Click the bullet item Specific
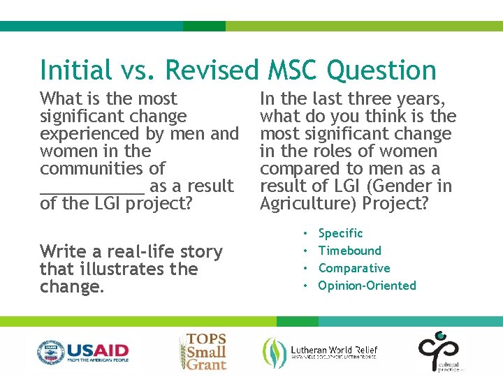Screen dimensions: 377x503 pyautogui.click(x=340, y=233)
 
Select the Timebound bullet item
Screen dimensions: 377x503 pyautogui.click(x=349, y=251)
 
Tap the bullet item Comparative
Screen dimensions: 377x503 pyautogui.click(x=353, y=268)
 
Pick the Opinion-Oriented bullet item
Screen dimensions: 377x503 pyautogui.click(x=367, y=286)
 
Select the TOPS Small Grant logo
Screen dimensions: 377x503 pyautogui.click(x=203, y=350)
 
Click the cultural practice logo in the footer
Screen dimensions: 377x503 pyautogui.click(x=438, y=351)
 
